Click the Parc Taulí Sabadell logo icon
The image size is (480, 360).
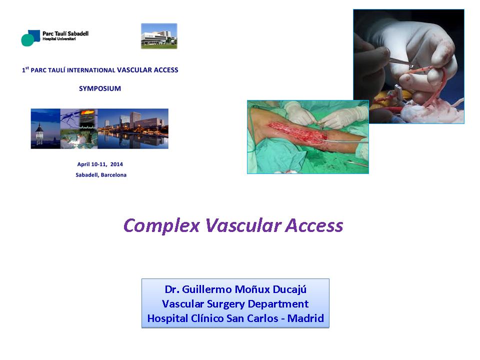tap(30, 38)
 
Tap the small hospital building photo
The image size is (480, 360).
tap(159, 36)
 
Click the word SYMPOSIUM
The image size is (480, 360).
tap(100, 88)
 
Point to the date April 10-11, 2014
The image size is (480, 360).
tap(100, 164)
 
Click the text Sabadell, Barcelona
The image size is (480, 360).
tap(101, 175)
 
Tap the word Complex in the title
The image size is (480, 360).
tap(161, 226)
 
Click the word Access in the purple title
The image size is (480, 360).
tap(314, 225)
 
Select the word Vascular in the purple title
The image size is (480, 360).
tap(243, 225)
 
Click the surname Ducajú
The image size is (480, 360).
tap(289, 289)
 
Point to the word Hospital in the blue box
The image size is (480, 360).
tap(167, 318)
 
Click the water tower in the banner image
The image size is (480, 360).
tap(39, 134)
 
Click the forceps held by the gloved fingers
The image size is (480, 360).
tap(401, 62)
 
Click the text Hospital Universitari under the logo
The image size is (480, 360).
tap(59, 39)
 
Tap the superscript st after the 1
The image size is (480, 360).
tap(27, 68)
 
